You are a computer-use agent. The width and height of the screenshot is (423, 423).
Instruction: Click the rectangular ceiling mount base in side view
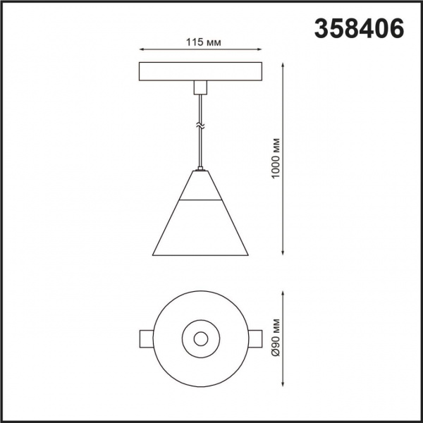201,72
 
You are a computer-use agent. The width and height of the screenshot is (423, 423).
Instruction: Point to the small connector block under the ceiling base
201,87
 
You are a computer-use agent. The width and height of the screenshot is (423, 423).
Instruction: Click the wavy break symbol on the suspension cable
201,125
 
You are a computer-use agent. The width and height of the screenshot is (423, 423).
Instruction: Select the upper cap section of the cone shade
201,186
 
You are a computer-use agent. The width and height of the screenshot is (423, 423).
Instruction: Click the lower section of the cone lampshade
201,229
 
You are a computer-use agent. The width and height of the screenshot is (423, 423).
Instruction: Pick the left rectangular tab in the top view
147,338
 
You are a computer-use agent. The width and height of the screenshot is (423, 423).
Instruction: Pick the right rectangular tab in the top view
256,338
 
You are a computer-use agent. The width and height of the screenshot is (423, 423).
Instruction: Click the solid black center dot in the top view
201,339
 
